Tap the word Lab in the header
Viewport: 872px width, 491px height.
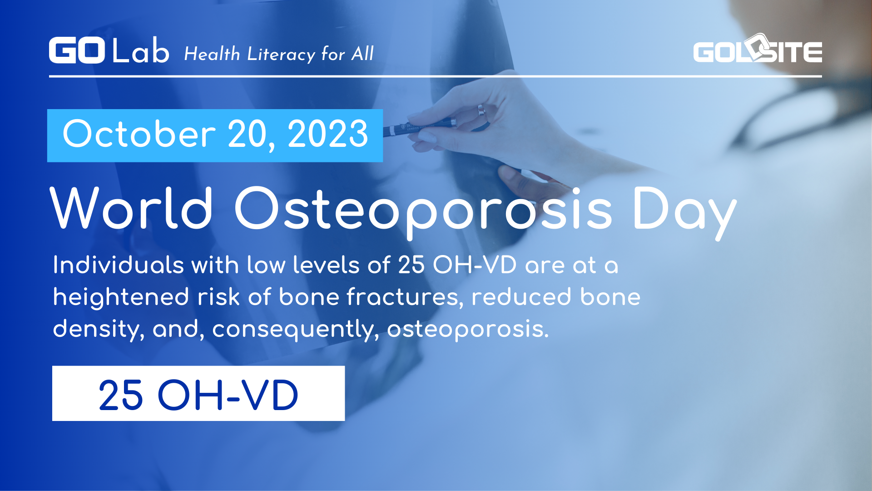[140, 51]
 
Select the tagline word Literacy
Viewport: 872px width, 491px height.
[281, 55]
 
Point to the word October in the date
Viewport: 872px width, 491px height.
[139, 134]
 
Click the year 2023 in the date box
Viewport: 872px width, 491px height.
[328, 134]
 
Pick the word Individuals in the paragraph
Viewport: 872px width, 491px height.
[118, 265]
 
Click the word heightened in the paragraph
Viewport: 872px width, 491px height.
[121, 297]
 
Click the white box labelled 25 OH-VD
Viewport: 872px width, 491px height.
[198, 394]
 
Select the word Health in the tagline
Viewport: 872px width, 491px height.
[212, 55]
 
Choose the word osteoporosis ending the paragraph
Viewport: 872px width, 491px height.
[467, 329]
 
